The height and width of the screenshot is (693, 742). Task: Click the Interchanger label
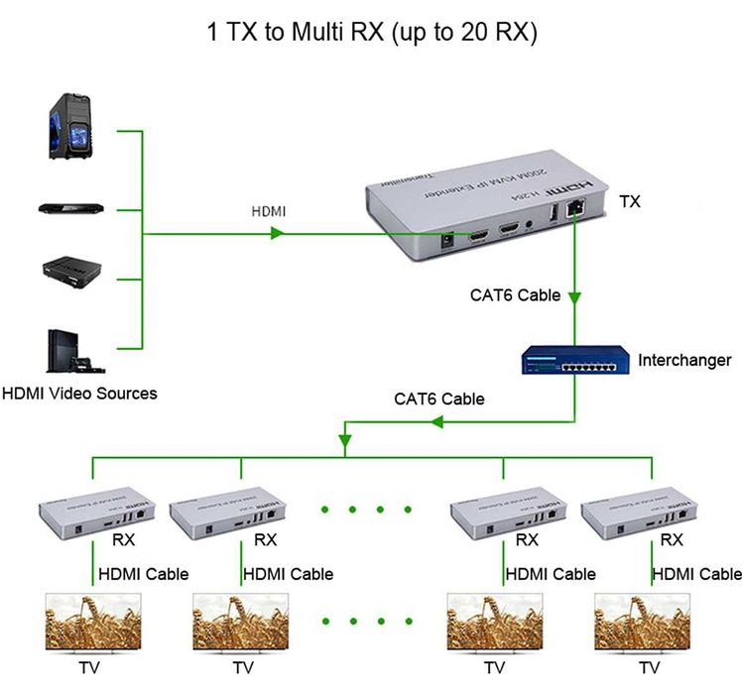[x=684, y=360]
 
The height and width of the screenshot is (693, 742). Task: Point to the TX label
[x=629, y=201]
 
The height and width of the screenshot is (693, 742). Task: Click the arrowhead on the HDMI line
[x=278, y=234]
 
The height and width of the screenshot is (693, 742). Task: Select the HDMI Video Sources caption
[x=78, y=394]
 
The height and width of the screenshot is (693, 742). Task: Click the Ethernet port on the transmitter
[x=575, y=210]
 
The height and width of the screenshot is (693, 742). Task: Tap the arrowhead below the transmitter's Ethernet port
[x=575, y=296]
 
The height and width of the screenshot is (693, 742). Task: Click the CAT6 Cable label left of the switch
[x=439, y=399]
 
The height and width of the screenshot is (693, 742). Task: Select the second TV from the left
[x=240, y=622]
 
